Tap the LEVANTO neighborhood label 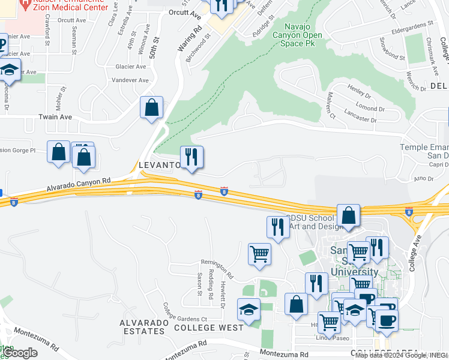point(159,164)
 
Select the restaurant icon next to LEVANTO point(192,158)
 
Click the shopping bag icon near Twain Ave point(152,109)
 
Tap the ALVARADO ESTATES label point(143,327)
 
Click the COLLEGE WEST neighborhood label point(209,328)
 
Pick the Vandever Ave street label point(131,80)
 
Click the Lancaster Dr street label point(360,116)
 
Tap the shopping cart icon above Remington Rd point(259,254)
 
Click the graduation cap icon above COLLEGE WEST point(248,310)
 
